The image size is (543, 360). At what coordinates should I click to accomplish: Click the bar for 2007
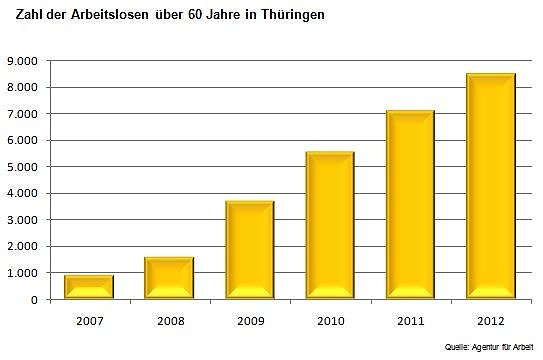(x=89, y=287)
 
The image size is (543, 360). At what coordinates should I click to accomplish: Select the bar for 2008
(x=169, y=278)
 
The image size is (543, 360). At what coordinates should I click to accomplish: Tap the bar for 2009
(x=249, y=250)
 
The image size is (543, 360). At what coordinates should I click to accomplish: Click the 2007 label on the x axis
(x=89, y=321)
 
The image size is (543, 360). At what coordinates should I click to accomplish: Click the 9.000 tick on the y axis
(x=20, y=61)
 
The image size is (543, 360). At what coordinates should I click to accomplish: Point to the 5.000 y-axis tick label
(x=20, y=167)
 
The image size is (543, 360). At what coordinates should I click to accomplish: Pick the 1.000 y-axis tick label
(x=20, y=273)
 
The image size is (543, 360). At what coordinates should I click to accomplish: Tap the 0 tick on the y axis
(x=33, y=300)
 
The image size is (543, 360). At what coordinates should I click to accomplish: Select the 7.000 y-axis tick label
(x=20, y=114)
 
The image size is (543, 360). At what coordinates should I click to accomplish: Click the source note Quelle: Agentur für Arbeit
(x=490, y=346)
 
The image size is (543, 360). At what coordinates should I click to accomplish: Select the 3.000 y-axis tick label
(x=20, y=220)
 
